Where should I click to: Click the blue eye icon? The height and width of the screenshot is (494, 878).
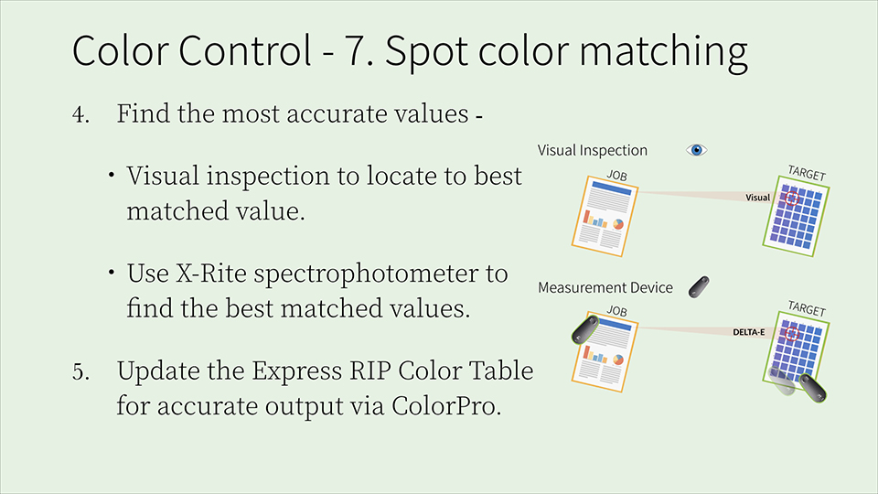coord(697,150)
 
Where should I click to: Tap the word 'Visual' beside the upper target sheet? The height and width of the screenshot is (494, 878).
coord(757,198)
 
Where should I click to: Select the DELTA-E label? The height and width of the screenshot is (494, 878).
coord(749,332)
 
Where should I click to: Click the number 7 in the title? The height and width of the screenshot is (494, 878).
coord(356,50)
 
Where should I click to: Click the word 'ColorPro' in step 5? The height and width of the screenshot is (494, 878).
coord(445,405)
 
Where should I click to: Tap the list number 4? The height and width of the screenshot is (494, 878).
coord(80,114)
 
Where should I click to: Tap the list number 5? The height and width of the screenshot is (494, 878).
coord(80,371)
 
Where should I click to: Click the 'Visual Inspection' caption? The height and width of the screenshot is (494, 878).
coord(593,150)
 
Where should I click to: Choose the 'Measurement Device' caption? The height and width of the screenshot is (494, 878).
coord(605,287)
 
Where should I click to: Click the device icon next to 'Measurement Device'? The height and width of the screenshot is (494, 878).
coord(699,286)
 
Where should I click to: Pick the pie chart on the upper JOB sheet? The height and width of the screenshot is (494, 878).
coord(618,224)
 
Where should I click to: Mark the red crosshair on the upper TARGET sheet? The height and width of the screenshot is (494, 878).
coord(792,199)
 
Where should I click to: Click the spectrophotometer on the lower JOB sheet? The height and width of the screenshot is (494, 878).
coord(585,328)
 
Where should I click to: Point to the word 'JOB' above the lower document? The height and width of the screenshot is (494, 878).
coord(616,311)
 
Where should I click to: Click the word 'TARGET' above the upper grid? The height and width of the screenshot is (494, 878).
coord(807,173)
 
